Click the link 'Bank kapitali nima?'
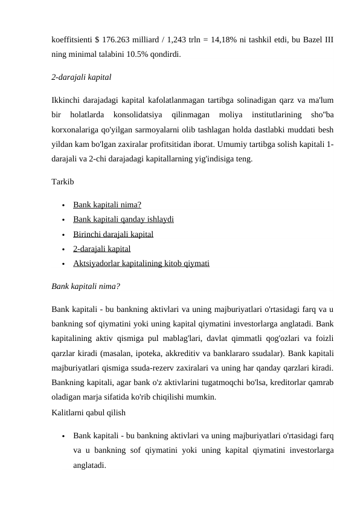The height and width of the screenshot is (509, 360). pyautogui.click(x=108, y=204)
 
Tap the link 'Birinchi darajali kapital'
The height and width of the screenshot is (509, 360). pyautogui.click(x=113, y=234)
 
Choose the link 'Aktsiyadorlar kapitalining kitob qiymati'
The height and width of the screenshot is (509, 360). pyautogui.click(x=141, y=263)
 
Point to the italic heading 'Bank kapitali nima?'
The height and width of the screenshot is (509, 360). pyautogui.click(x=86, y=286)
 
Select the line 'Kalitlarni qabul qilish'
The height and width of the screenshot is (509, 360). pyautogui.click(x=89, y=412)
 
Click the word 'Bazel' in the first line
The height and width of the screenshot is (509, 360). pyautogui.click(x=309, y=40)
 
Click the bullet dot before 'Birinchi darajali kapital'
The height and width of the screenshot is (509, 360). pyautogui.click(x=63, y=234)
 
